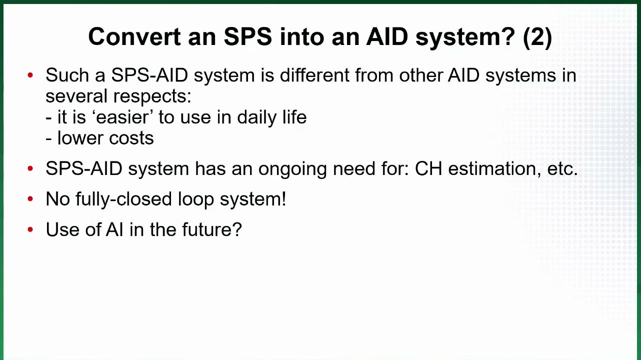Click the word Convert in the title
pos(134,36)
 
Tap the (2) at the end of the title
pos(537,37)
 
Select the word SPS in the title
pos(248,36)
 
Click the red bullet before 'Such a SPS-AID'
pos(30,75)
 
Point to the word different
pos(314,75)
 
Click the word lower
pos(80,138)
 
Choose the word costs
pos(131,139)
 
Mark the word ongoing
pos(292,169)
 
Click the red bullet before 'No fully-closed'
pos(30,199)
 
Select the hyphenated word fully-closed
pos(124,199)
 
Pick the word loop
pos(196,199)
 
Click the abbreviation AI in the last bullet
pos(114,229)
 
